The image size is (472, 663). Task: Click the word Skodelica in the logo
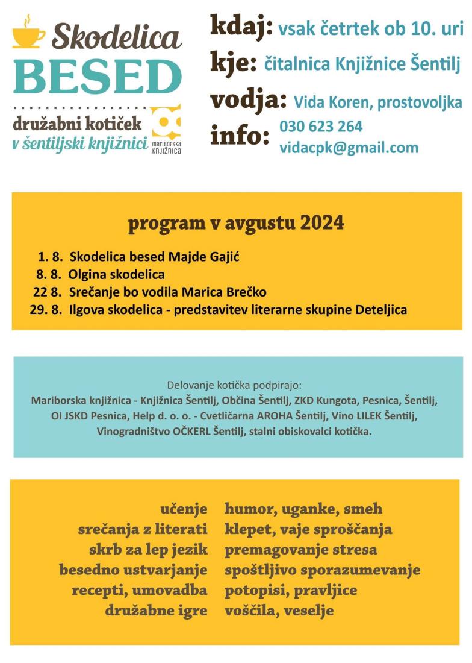[117, 38]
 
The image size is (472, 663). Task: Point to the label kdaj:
[241, 27]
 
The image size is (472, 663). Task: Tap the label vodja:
[248, 100]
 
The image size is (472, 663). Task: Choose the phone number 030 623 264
[321, 127]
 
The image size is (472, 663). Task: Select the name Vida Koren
[332, 103]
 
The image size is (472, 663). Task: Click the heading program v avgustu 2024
[236, 223]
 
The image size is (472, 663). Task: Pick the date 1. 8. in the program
[51, 257]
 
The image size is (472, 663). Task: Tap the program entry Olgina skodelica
[117, 275]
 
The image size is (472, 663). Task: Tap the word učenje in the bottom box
[184, 509]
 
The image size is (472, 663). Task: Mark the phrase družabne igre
[157, 611]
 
